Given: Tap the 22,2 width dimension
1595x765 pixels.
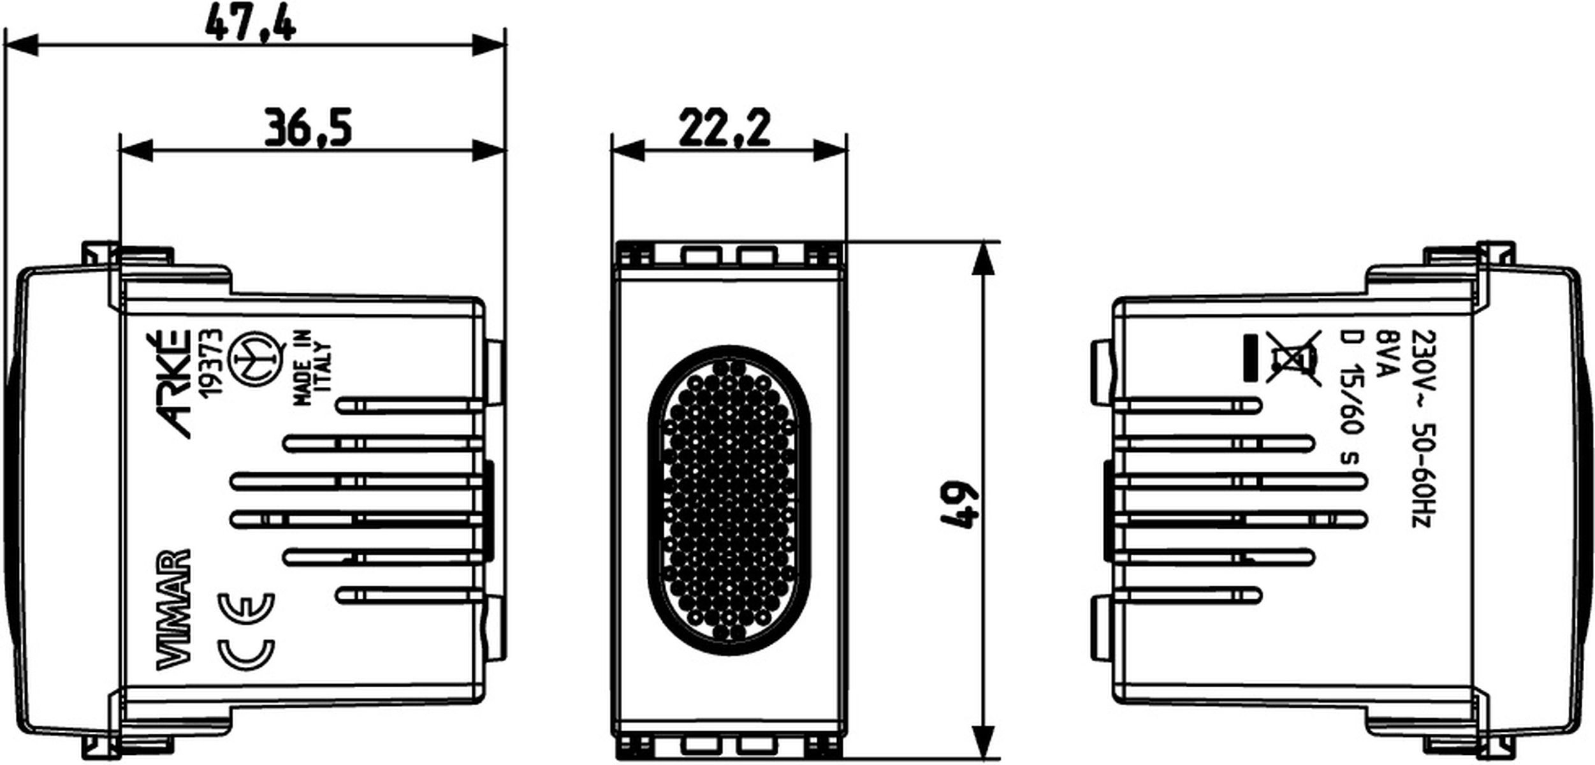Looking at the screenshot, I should [724, 128].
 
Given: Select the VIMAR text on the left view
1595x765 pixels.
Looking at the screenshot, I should [173, 608].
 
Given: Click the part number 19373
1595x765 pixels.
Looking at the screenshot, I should [210, 363].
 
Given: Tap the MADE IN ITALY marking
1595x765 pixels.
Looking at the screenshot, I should [312, 368].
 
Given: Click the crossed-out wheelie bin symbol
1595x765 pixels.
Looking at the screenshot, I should [1293, 358].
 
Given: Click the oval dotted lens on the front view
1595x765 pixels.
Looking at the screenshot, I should [729, 500].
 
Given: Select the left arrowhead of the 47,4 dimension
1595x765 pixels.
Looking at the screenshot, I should [19, 46].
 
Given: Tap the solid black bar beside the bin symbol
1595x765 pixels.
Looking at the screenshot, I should [1251, 358].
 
